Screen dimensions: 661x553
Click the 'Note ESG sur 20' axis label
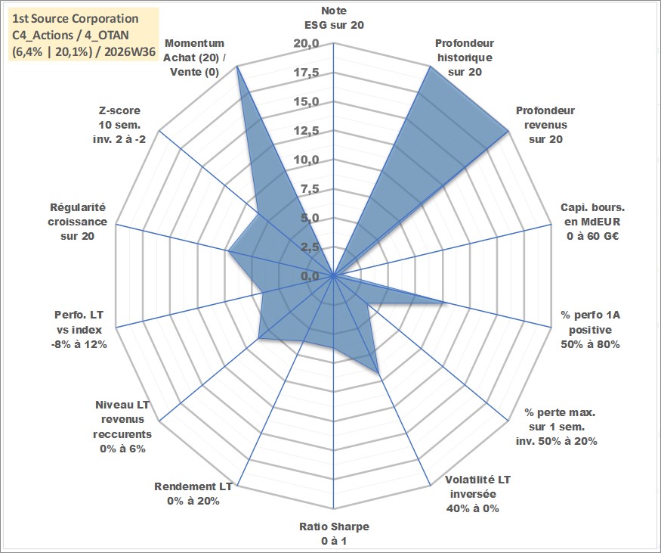[334, 17]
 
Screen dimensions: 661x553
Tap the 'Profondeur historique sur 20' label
[465, 57]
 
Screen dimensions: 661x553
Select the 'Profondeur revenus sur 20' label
[545, 125]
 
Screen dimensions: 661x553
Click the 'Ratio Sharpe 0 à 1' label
[334, 533]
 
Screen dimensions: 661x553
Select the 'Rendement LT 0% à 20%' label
[193, 494]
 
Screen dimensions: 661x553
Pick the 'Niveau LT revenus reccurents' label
[122, 427]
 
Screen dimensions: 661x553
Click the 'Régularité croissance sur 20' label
[78, 222]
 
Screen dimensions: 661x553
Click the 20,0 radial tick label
[307, 44]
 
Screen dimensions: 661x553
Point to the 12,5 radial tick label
[307, 131]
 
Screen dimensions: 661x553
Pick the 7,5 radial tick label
[310, 189]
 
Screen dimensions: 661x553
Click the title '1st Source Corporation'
[76, 19]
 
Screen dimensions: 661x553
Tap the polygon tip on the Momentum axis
[237, 67]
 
